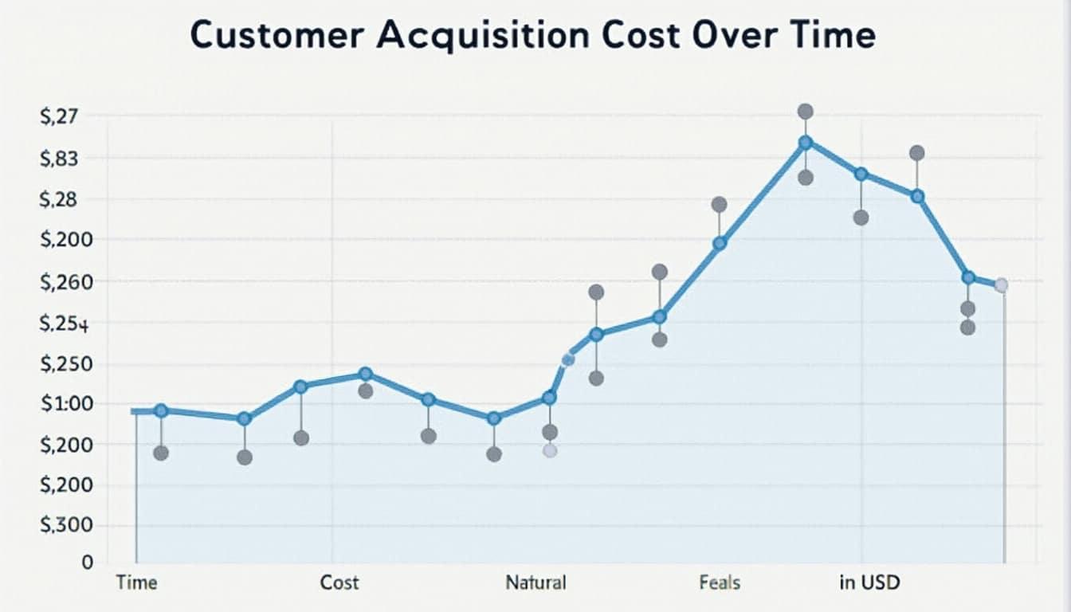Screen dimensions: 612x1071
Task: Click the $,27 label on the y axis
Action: click(x=60, y=117)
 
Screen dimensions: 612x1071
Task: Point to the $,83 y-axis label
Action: click(x=60, y=159)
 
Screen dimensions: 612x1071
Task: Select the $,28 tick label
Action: click(x=60, y=199)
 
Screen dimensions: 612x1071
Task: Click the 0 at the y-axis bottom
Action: click(x=88, y=563)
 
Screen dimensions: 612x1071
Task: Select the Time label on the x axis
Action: click(x=136, y=583)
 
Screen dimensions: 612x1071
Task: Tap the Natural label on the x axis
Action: click(x=535, y=583)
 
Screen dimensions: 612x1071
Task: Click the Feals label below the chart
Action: click(x=720, y=583)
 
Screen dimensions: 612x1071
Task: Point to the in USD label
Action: click(x=869, y=583)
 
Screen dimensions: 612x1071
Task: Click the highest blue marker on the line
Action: click(x=805, y=143)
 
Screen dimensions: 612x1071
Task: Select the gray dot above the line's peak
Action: click(x=805, y=112)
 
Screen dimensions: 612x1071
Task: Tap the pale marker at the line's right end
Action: click(x=1001, y=285)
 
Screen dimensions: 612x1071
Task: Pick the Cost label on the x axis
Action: click(x=339, y=583)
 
